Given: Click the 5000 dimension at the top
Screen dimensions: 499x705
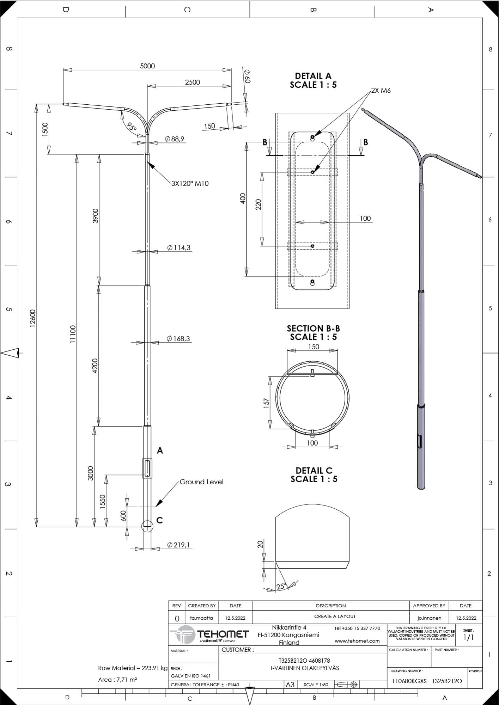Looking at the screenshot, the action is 147,66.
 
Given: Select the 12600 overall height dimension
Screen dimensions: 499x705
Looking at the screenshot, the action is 32,318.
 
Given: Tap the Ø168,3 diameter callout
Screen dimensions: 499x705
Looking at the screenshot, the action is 178,339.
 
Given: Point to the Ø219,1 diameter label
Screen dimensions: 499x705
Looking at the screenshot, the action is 179,545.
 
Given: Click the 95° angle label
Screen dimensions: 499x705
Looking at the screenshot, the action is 132,127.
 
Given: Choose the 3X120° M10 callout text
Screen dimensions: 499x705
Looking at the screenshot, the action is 190,183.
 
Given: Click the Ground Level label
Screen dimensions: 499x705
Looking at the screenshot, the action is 201,482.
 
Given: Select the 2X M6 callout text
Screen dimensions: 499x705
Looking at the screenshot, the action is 381,90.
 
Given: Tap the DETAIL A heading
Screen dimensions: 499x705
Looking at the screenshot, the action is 313,76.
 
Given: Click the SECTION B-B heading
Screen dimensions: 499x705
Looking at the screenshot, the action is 314,329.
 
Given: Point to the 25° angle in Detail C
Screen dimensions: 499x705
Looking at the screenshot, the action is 282,586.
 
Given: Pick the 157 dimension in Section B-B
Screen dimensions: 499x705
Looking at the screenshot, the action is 266,403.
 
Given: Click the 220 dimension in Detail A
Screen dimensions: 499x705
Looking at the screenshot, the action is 258,204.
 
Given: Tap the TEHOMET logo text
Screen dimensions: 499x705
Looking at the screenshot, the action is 223,634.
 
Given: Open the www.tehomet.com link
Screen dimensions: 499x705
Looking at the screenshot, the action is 357,641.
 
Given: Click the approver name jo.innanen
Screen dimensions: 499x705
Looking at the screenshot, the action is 429,618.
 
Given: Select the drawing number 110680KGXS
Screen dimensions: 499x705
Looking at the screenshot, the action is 409,681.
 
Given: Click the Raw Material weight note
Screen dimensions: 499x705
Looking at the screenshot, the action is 133,668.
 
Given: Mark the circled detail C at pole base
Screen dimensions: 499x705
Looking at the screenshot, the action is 147,526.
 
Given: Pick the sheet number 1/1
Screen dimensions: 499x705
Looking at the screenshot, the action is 468,637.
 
